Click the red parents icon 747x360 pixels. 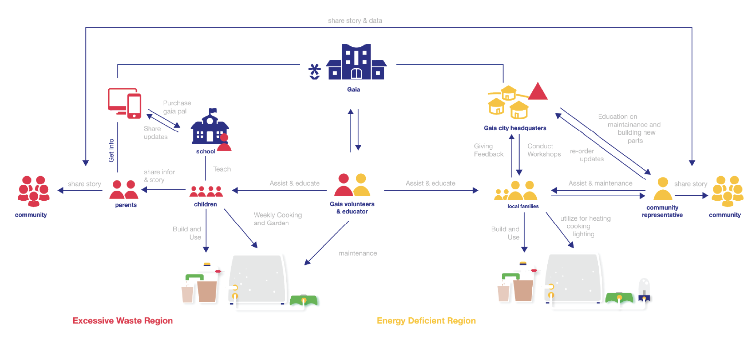click(x=124, y=189)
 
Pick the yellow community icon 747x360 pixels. click(x=727, y=191)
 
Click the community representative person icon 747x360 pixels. click(x=663, y=189)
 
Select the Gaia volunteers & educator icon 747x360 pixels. click(x=353, y=185)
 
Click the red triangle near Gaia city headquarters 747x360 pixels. click(x=538, y=91)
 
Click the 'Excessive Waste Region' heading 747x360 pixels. click(x=123, y=320)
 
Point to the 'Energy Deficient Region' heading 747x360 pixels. click(x=426, y=320)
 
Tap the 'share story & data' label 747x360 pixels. click(x=355, y=20)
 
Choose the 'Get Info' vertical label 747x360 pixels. click(x=111, y=150)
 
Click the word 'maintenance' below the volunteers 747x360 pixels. click(x=358, y=253)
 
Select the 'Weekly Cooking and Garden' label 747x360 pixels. click(x=278, y=219)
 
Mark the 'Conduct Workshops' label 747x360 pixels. click(x=544, y=150)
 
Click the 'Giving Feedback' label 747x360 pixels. click(x=489, y=150)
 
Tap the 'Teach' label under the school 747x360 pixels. click(x=222, y=169)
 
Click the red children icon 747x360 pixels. click(x=206, y=191)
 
